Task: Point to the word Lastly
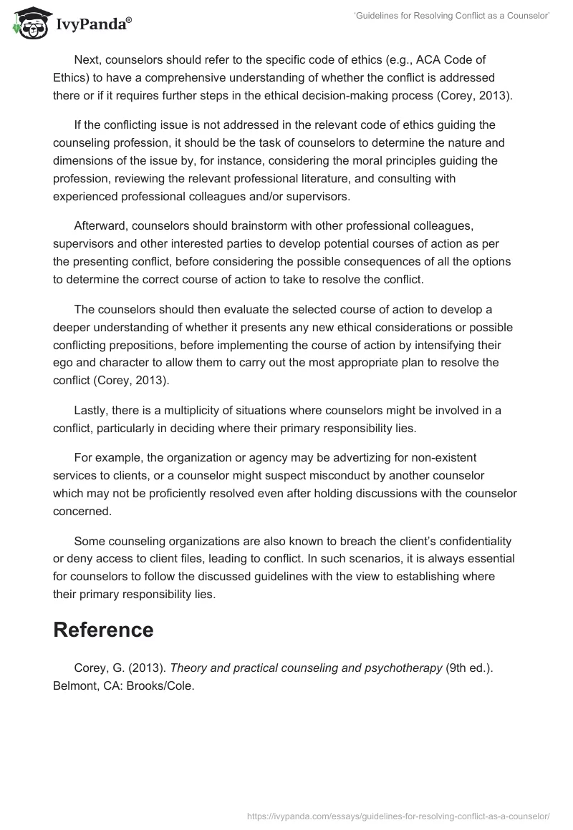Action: (x=91, y=410)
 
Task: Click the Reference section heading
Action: (x=103, y=630)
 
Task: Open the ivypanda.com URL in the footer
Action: (x=398, y=816)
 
